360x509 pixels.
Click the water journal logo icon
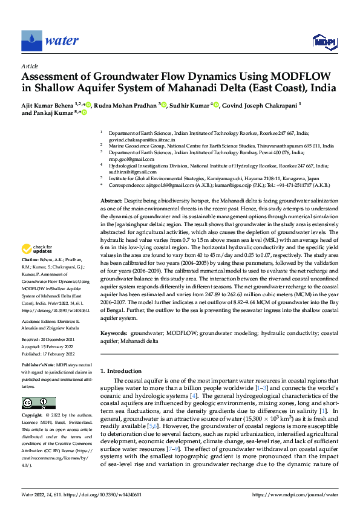click(x=31, y=41)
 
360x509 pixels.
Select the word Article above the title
click(x=30, y=65)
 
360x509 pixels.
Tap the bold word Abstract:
click(x=113, y=200)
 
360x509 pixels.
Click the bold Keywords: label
click(x=114, y=333)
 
